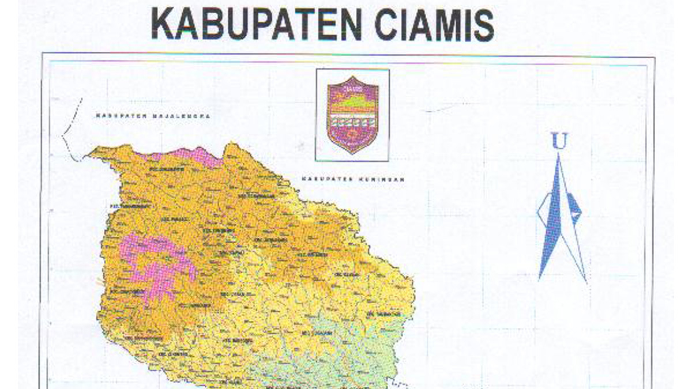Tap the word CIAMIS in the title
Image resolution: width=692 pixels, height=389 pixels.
point(434,25)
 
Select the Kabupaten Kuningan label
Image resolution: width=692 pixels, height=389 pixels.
point(352,179)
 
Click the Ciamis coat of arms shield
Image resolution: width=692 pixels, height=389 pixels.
point(352,115)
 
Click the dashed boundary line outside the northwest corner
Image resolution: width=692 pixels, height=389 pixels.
point(66,135)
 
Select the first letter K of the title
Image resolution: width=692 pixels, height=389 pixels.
point(163,25)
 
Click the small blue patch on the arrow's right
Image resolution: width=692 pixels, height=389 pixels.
point(574,205)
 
